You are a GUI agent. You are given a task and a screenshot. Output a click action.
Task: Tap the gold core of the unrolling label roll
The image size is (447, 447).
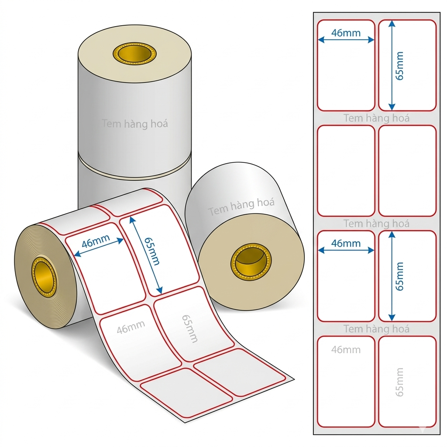click(44, 276)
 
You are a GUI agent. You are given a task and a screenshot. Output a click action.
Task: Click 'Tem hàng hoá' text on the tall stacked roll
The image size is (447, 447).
click(135, 124)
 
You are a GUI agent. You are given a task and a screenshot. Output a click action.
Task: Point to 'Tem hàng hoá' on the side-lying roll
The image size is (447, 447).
click(241, 206)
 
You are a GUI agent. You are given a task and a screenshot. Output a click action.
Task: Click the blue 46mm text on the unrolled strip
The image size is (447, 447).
click(96, 241)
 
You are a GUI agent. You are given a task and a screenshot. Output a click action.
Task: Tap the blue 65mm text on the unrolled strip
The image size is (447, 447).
click(151, 251)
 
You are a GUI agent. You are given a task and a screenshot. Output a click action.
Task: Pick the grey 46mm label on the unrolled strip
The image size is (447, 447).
click(131, 327)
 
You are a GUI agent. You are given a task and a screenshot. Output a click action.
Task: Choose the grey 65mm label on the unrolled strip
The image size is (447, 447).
click(190, 328)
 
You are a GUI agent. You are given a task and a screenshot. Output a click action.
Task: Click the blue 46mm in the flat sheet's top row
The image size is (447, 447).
click(346, 33)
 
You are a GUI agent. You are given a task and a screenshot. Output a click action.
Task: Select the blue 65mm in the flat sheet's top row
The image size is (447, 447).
click(400, 66)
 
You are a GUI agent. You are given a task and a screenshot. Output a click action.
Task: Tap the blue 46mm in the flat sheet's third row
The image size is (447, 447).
click(346, 243)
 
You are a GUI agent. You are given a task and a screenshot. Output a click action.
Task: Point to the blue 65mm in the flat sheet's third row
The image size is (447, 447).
click(400, 276)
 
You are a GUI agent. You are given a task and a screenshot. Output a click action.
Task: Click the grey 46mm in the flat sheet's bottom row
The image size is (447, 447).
click(346, 350)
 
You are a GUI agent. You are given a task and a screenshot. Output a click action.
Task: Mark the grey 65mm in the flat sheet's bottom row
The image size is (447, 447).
click(400, 382)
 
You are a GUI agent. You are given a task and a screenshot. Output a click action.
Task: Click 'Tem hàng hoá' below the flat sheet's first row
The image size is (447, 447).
click(376, 118)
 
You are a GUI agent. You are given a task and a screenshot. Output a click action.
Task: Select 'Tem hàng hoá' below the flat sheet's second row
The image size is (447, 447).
click(376, 223)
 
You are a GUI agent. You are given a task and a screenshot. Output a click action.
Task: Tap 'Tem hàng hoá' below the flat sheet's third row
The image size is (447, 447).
click(376, 329)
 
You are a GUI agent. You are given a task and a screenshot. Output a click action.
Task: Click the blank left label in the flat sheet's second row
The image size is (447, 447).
click(346, 171)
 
